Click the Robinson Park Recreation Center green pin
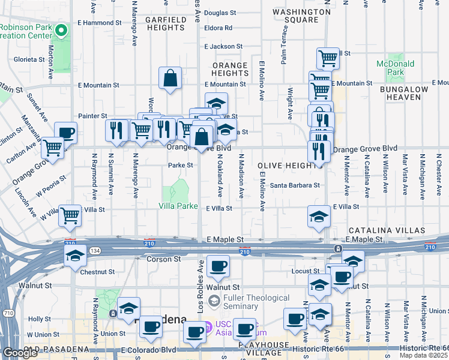pyautogui.click(x=61, y=30)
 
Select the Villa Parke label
pyautogui.click(x=178, y=206)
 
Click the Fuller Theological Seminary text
pyautogui.click(x=256, y=302)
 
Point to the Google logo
pyautogui.click(x=20, y=353)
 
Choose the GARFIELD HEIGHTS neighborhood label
pyautogui.click(x=165, y=23)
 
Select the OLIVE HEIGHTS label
pyautogui.click(x=282, y=165)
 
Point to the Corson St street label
pyautogui.click(x=164, y=259)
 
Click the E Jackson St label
pyautogui.click(x=223, y=46)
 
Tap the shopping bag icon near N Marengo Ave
pyautogui.click(x=170, y=77)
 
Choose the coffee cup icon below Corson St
pyautogui.click(x=217, y=265)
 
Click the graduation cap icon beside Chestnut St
pyautogui.click(x=76, y=256)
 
